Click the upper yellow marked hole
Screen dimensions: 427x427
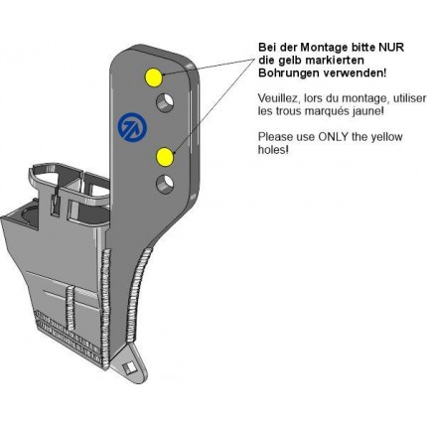click(x=154, y=77)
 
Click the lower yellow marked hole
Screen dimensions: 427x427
click(x=165, y=157)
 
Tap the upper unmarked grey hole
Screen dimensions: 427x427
click(x=165, y=102)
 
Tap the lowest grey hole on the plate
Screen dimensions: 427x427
click(x=165, y=185)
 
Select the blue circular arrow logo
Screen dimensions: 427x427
click(x=132, y=126)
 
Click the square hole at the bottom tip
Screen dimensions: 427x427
click(x=128, y=367)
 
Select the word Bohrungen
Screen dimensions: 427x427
click(x=289, y=73)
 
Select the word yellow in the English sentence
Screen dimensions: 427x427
click(x=387, y=137)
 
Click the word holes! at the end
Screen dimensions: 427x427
click(x=273, y=150)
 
